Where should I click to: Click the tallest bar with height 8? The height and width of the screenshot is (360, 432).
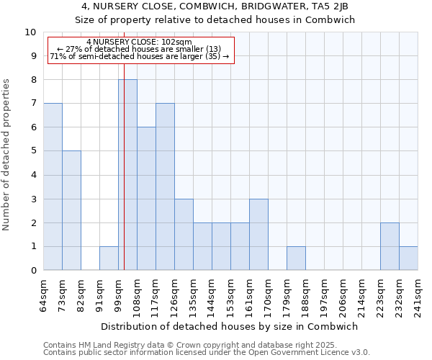[127, 175]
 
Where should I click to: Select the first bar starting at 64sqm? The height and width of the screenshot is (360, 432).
[53, 186]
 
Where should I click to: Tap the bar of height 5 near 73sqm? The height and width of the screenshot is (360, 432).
[71, 210]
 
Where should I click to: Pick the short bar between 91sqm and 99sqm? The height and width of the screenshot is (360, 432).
[109, 258]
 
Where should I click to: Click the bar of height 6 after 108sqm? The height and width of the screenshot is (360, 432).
[146, 199]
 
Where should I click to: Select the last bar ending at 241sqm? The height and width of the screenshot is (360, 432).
[408, 258]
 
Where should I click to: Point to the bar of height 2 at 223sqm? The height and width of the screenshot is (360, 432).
[390, 246]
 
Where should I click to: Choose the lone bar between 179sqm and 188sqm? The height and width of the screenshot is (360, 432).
[296, 258]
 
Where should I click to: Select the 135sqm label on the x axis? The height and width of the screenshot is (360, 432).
[193, 295]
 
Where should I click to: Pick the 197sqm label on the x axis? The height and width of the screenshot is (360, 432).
[324, 295]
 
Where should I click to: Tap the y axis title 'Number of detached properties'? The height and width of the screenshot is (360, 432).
[7, 155]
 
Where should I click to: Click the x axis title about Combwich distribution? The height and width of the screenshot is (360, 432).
[230, 326]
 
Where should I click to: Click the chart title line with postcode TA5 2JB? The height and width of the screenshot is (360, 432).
[215, 6]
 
